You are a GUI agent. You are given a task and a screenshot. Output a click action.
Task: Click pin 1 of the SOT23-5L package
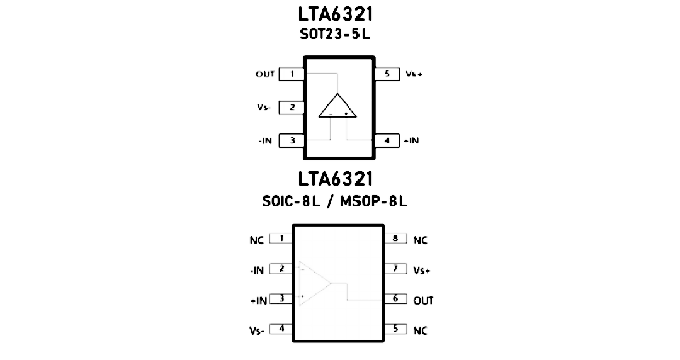coord(292,74)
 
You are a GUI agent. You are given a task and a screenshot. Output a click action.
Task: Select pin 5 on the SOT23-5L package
coord(387,74)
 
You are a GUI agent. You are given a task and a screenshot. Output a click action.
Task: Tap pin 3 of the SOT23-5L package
coord(292,140)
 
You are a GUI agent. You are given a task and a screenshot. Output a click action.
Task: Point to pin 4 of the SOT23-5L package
coord(387,140)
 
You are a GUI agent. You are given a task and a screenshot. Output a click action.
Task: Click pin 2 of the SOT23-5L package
coord(292,107)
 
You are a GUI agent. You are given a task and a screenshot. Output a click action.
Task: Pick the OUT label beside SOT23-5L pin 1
coord(265,74)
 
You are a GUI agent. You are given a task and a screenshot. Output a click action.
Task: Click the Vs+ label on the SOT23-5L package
coord(414,74)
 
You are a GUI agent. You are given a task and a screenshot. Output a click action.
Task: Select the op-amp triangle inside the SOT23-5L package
coord(337,105)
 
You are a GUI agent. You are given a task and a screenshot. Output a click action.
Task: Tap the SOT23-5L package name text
coord(335,34)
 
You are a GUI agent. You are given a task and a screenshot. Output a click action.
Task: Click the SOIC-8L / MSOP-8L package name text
coord(334,201)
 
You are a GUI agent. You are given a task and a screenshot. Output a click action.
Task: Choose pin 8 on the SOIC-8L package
coord(395,239)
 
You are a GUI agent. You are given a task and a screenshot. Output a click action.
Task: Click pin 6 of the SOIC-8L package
coord(395,299)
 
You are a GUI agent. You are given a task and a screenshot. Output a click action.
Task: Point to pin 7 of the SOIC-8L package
coord(395,269)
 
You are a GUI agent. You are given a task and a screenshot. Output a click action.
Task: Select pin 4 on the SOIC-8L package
coord(281,329)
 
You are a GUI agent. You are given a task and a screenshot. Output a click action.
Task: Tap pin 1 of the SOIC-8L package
coord(281,239)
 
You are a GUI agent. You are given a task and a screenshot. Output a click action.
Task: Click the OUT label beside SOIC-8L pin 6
coord(423,301)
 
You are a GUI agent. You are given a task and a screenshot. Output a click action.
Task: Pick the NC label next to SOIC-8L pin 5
coord(420,331)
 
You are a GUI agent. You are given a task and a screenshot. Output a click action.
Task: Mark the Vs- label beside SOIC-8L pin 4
coord(257,331)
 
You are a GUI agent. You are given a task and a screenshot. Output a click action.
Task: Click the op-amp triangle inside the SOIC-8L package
coord(315,283)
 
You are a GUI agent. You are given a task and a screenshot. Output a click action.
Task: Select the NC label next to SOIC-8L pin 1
coord(257,240)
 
